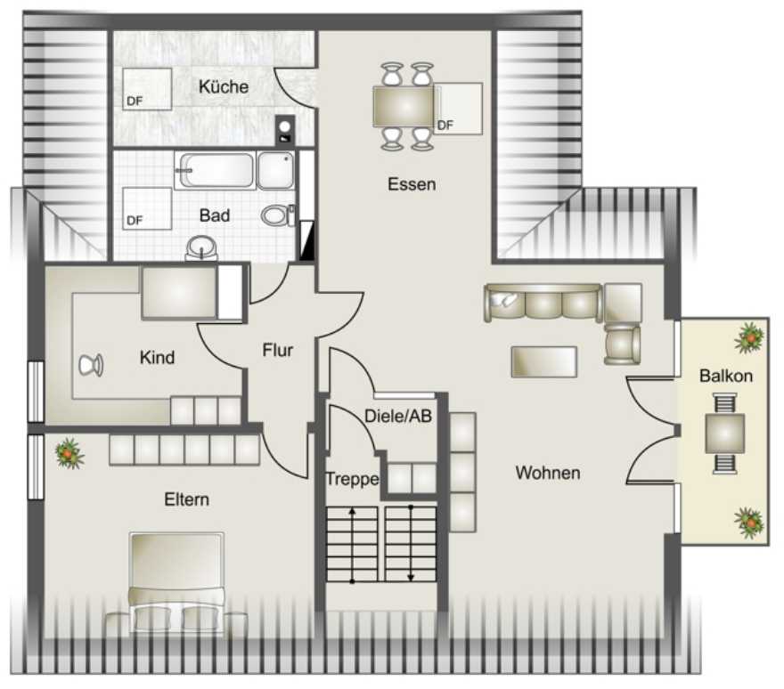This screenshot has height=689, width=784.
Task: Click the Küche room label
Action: (224, 86)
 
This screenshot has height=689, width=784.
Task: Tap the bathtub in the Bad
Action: (216, 170)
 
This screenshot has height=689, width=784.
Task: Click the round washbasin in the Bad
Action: (201, 247)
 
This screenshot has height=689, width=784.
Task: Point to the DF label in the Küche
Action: (135, 101)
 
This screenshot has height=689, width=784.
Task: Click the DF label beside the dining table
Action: (445, 126)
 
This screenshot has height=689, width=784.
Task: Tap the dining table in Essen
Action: (404, 107)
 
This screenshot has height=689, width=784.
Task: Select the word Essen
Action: (412, 184)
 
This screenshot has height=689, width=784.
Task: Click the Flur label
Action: (277, 350)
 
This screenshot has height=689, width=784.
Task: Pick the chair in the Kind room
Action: (91, 365)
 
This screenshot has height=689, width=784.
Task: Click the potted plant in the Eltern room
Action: (69, 453)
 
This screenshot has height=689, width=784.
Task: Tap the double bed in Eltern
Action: (176, 584)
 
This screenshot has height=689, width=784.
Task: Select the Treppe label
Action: (352, 479)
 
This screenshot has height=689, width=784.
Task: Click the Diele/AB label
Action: (398, 416)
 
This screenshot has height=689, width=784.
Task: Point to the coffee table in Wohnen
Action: (544, 361)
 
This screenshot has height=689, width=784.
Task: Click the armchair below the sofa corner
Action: (622, 344)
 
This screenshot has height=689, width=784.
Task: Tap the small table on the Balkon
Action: (724, 434)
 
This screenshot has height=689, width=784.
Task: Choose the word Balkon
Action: (726, 376)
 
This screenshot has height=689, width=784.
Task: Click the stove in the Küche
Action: (285, 129)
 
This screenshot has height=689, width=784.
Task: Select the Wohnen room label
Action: (548, 473)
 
